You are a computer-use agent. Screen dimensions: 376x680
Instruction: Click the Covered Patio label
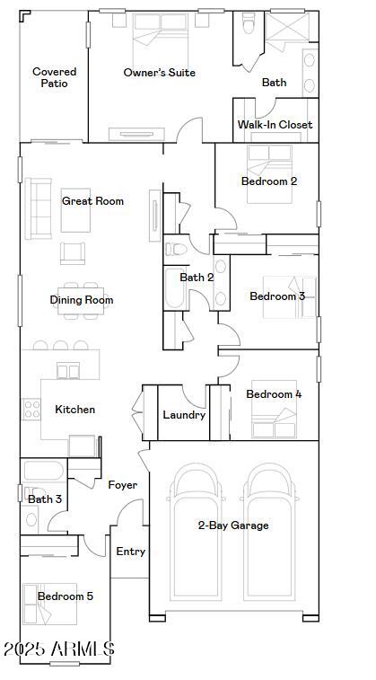(x=54, y=77)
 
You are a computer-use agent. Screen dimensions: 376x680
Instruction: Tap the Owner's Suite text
(x=159, y=73)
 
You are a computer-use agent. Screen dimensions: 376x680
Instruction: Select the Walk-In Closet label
(x=275, y=125)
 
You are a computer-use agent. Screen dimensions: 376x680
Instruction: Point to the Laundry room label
(x=184, y=415)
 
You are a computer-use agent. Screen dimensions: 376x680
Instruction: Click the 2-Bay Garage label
(x=233, y=525)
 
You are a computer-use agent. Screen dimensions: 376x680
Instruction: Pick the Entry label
(x=130, y=552)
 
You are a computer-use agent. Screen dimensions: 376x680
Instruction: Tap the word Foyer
(x=123, y=485)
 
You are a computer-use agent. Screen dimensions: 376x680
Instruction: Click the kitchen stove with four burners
(x=31, y=409)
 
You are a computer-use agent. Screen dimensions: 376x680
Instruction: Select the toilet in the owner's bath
(x=249, y=23)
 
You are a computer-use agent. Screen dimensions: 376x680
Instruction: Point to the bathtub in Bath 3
(x=43, y=472)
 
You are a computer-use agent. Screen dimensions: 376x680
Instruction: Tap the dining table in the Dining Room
(x=82, y=301)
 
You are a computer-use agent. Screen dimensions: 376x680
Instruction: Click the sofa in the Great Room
(x=39, y=208)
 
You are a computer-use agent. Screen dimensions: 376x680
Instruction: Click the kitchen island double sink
(x=68, y=372)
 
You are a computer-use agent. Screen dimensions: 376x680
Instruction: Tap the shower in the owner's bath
(x=287, y=27)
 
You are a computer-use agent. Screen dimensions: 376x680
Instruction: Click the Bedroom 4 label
(x=274, y=394)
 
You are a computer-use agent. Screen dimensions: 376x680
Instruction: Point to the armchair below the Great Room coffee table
(x=73, y=253)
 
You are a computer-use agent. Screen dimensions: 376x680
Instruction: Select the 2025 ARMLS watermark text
(x=59, y=649)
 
